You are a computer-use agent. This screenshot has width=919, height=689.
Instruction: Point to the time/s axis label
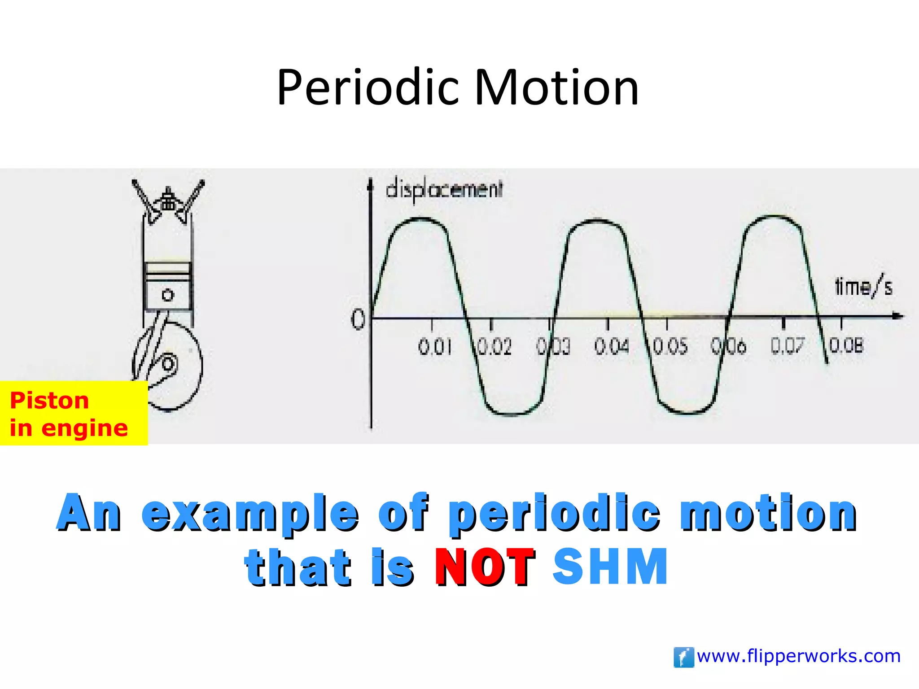coord(863,287)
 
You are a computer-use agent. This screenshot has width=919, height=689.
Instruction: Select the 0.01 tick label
coord(434,347)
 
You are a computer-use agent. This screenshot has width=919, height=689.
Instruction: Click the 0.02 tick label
coord(494,347)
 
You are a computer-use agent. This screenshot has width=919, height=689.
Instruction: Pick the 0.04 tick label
coord(612,346)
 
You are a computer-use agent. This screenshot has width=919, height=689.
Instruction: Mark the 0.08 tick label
coord(846,345)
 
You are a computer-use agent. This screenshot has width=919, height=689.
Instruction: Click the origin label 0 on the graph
coord(358,320)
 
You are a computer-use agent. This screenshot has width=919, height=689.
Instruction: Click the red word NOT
coord(485,567)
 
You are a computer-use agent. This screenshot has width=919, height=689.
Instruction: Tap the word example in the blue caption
coord(250,514)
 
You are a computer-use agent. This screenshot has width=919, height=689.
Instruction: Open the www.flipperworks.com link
coord(799,656)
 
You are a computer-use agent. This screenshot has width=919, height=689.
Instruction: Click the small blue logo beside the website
coord(683,657)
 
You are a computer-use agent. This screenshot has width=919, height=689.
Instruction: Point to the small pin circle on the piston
coord(167,295)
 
